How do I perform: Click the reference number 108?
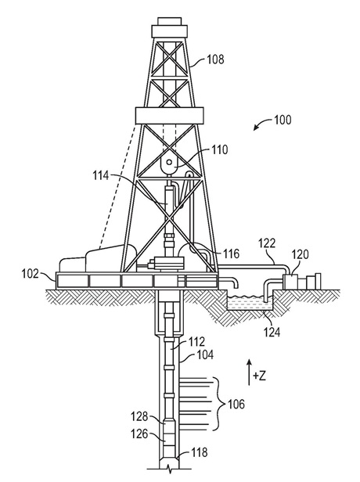(x=215, y=59)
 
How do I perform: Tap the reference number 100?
(x=283, y=120)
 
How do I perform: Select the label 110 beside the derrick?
(x=219, y=150)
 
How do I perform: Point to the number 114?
(x=101, y=176)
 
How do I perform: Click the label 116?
(x=231, y=254)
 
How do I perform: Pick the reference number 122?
(x=267, y=243)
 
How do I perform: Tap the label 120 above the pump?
(x=300, y=255)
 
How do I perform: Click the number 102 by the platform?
(x=31, y=273)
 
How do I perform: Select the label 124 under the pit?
(x=272, y=333)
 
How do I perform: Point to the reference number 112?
(x=196, y=342)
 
